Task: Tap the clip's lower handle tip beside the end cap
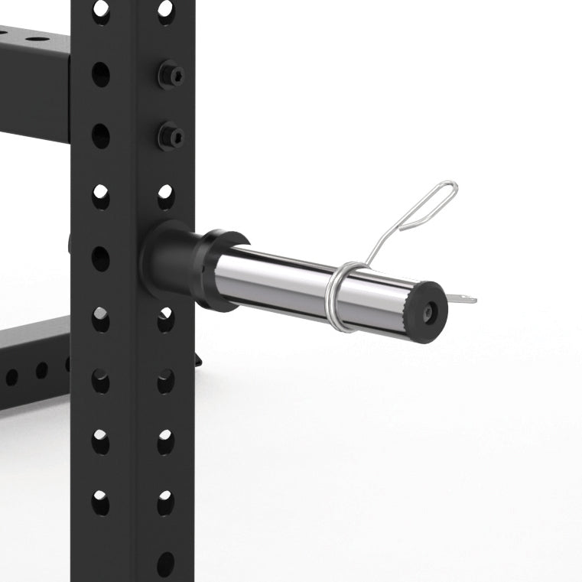[x=462, y=298]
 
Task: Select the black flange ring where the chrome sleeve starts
[x=221, y=268]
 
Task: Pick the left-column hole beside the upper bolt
[x=101, y=74]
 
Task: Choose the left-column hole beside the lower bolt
[x=101, y=136]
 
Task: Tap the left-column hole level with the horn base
[x=101, y=258]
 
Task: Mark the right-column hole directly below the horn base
[x=166, y=319]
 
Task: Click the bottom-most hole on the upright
[x=166, y=564]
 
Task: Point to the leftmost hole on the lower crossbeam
[x=12, y=376]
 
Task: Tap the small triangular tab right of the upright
[x=199, y=358]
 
